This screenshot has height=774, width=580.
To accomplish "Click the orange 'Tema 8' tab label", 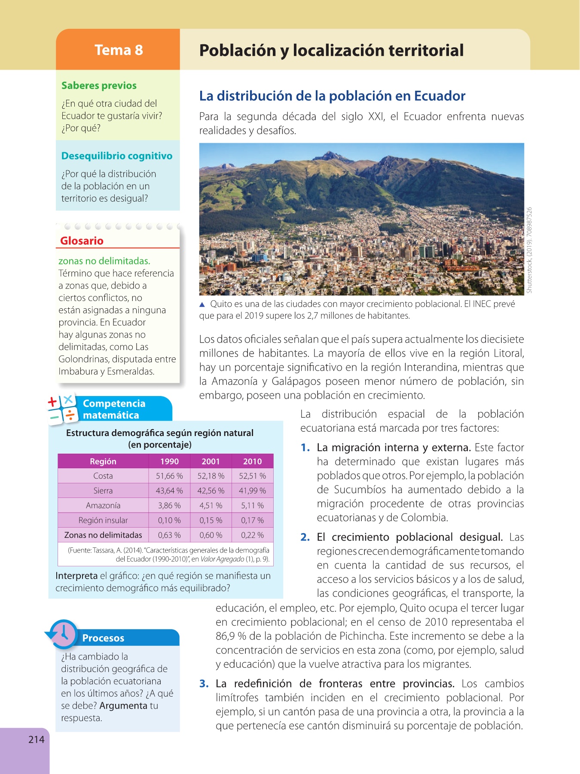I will click(119, 50).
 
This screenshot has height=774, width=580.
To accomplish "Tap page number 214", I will click(37, 739).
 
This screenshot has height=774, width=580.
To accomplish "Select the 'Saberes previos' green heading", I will click(99, 86).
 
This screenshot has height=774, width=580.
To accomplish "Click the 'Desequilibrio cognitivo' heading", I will click(117, 156).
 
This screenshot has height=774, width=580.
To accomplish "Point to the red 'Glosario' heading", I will click(82, 241).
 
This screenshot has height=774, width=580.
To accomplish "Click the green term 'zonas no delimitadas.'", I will click(104, 261).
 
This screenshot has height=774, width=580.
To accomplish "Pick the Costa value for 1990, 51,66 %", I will click(169, 476).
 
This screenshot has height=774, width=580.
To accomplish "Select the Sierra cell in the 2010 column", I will click(252, 491).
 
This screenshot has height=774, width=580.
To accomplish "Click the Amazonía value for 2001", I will click(211, 505).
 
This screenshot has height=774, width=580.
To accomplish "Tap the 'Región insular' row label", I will click(103, 520).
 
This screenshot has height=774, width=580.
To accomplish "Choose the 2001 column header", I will click(211, 461).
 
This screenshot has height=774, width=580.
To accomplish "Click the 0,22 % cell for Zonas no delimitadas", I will click(252, 535).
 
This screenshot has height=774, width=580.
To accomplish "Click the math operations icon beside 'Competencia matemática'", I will click(61, 408).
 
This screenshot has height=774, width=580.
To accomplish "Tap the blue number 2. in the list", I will click(305, 537).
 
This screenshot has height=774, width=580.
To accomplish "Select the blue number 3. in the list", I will click(204, 684).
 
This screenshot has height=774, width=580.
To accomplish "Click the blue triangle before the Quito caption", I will click(202, 304).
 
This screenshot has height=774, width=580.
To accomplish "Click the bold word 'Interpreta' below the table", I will click(76, 576).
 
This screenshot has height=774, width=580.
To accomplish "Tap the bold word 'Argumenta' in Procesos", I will click(123, 706).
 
